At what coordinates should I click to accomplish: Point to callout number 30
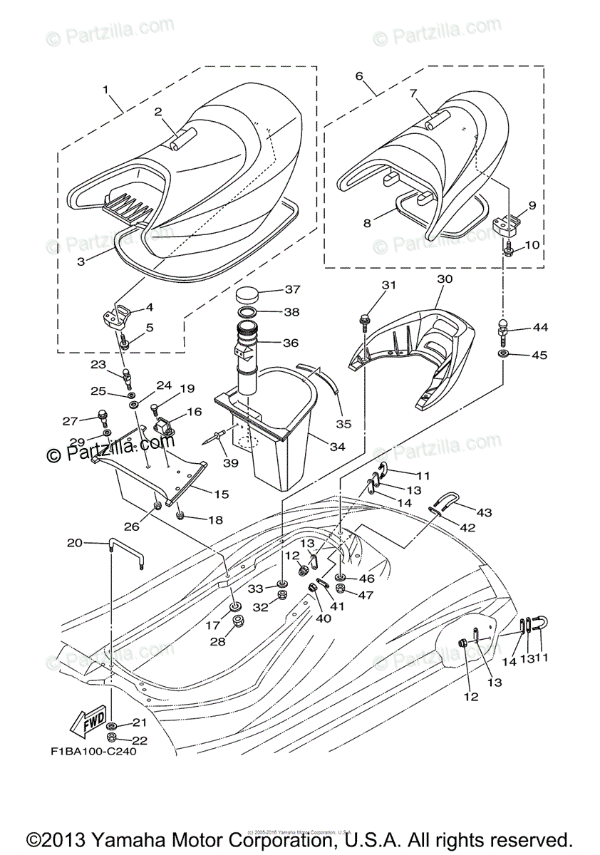(x=445, y=280)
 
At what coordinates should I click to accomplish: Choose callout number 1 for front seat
(x=105, y=90)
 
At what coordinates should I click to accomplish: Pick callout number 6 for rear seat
(x=358, y=76)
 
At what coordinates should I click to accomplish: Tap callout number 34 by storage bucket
(x=337, y=447)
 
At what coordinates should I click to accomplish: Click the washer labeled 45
(x=504, y=353)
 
